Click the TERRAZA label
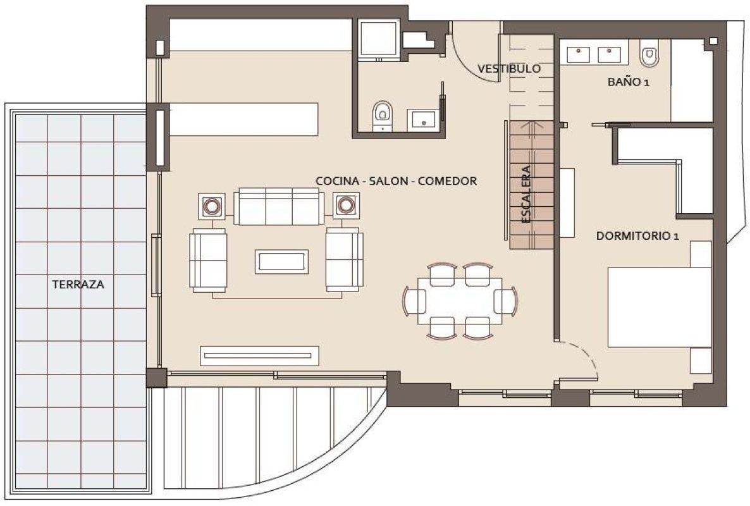click(78, 285)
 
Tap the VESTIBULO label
click(508, 68)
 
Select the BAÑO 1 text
click(629, 82)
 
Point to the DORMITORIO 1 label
click(637, 236)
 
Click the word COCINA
click(335, 181)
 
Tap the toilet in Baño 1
click(649, 56)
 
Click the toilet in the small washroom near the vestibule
click(381, 114)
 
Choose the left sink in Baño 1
click(579, 54)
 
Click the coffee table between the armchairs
click(281, 261)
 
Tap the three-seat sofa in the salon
click(279, 206)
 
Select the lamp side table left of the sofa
click(211, 205)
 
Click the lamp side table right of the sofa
click(345, 205)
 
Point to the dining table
click(460, 300)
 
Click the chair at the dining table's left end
click(415, 300)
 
